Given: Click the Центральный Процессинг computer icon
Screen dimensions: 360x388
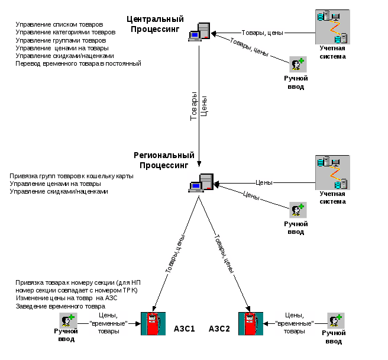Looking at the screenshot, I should click(x=199, y=32).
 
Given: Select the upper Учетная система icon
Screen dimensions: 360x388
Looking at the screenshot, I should click(x=332, y=26).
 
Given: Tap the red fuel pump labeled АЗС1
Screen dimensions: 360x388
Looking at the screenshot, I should click(x=153, y=324).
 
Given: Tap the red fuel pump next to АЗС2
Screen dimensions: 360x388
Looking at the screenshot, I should click(x=250, y=324).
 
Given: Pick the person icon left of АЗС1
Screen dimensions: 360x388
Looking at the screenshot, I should click(x=69, y=320).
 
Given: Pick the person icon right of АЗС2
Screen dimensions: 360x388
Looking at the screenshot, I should click(x=336, y=320).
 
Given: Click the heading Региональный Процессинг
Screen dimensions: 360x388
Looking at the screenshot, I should click(x=163, y=159).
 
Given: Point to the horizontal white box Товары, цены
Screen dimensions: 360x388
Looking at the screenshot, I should click(x=263, y=33).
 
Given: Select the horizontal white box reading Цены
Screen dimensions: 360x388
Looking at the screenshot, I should click(x=264, y=182).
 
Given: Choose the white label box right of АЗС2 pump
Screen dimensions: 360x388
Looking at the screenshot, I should click(x=294, y=324).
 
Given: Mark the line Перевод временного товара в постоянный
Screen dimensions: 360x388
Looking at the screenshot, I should click(x=78, y=63).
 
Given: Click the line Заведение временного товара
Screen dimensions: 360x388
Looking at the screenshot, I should click(x=60, y=307).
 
